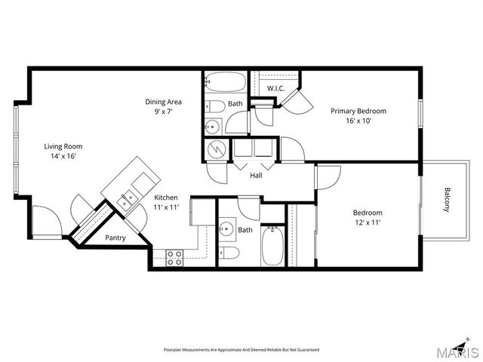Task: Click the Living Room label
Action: click(x=63, y=146)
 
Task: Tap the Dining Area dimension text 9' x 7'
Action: click(x=164, y=112)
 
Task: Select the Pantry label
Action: click(x=115, y=238)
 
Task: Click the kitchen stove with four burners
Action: click(x=174, y=257)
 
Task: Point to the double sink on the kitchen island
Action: click(x=127, y=198)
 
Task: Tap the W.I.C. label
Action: click(x=277, y=89)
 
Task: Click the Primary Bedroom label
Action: click(x=358, y=111)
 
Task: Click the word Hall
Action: click(x=256, y=176)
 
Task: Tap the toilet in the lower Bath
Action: click(x=232, y=253)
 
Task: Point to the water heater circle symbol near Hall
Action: click(x=216, y=149)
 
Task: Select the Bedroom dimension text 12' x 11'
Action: click(x=368, y=222)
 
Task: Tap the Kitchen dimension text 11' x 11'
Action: click(x=166, y=207)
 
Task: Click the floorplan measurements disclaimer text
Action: click(x=241, y=350)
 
